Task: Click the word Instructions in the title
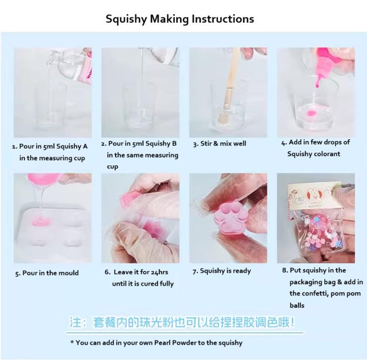(223, 19)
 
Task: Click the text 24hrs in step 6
(159, 272)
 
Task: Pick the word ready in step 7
(242, 271)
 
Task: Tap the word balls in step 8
(297, 305)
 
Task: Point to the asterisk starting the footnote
(72, 342)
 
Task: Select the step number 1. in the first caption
(15, 147)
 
